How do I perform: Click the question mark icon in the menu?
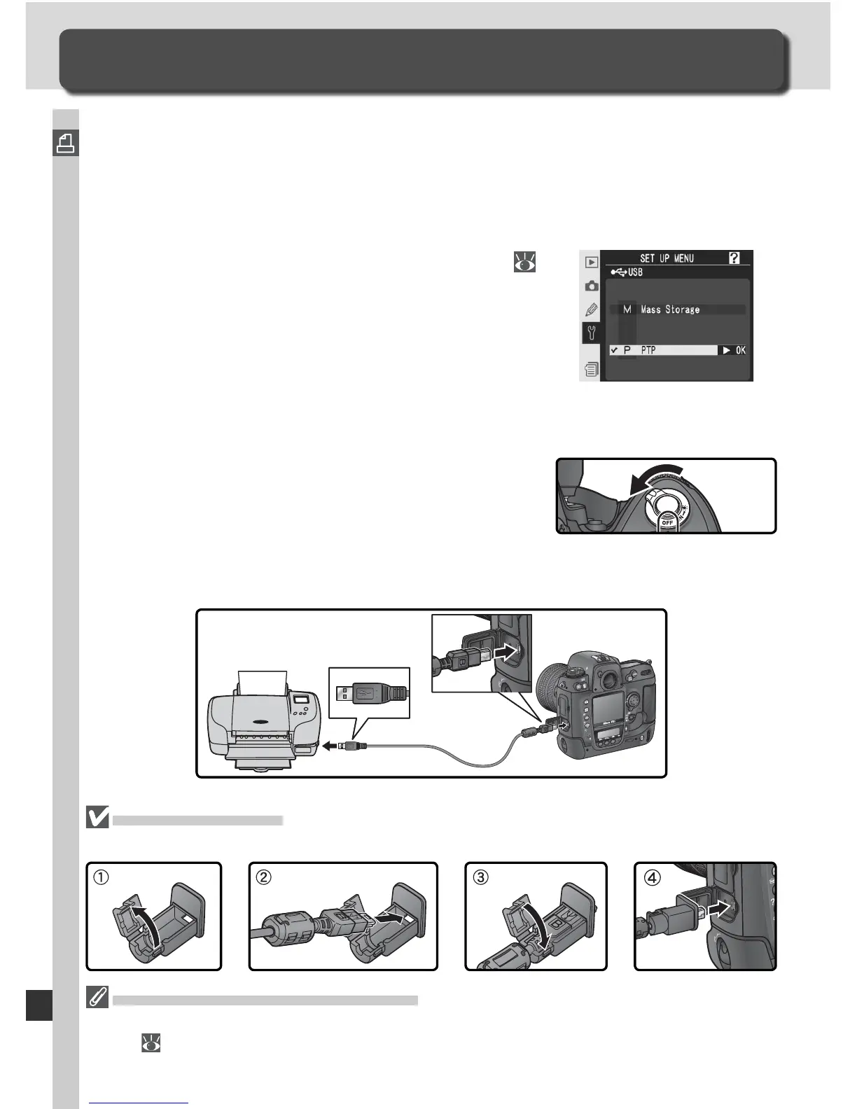pos(734,258)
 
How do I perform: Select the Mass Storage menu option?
pos(669,309)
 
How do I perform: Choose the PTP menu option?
pos(648,350)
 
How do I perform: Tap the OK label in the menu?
pos(739,350)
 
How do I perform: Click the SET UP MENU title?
pos(666,258)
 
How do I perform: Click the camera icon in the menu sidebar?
pos(592,286)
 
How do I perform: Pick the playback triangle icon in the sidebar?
pos(592,262)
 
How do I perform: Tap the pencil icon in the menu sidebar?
pos(592,309)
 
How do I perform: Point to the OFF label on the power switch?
pos(667,522)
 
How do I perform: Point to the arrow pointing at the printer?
pos(330,746)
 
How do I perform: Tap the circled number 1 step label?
pos(102,877)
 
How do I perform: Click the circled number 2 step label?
pos(264,877)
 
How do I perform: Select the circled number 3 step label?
pos(480,877)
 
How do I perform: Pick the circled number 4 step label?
pos(651,877)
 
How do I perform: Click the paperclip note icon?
pos(97,998)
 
